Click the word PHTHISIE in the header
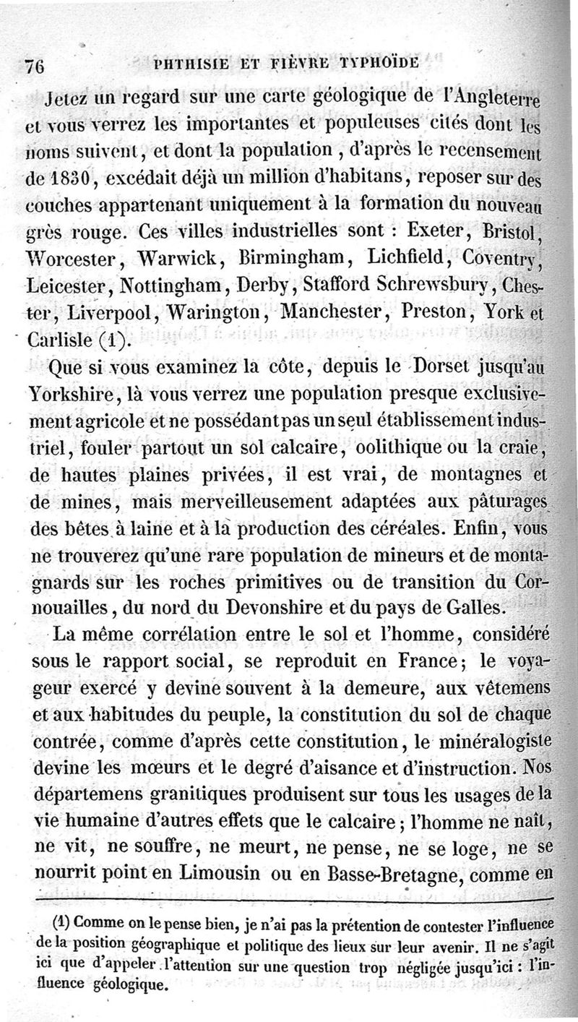coord(187,62)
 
